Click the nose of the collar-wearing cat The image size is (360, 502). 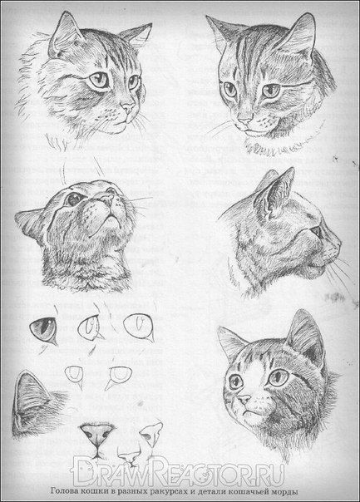click(x=245, y=121)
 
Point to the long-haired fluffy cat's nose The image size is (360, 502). click(x=128, y=107)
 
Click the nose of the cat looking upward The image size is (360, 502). click(x=107, y=199)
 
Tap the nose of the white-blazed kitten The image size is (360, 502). click(x=244, y=399)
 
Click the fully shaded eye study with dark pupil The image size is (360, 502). click(x=43, y=329)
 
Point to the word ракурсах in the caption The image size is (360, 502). click(x=166, y=491)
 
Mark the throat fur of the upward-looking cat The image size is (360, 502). click(x=86, y=269)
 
